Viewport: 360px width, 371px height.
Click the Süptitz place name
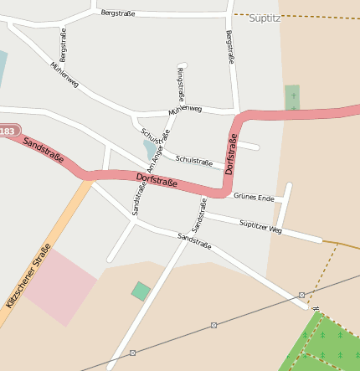click(265, 17)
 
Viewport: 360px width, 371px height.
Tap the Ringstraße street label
click(179, 85)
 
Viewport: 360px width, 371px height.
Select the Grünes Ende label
click(254, 198)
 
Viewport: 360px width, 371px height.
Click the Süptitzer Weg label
click(260, 225)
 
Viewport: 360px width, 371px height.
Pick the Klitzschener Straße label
click(28, 276)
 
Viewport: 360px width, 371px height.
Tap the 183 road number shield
click(8, 131)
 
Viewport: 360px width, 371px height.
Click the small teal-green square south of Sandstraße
click(141, 291)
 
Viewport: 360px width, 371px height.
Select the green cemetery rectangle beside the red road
click(292, 97)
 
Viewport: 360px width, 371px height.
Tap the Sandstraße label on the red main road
click(44, 150)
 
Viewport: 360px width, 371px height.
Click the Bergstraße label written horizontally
click(117, 13)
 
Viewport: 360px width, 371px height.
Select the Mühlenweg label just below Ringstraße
click(185, 110)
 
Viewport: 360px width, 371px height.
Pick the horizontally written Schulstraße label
click(193, 161)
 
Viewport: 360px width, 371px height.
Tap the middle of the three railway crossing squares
click(213, 325)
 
